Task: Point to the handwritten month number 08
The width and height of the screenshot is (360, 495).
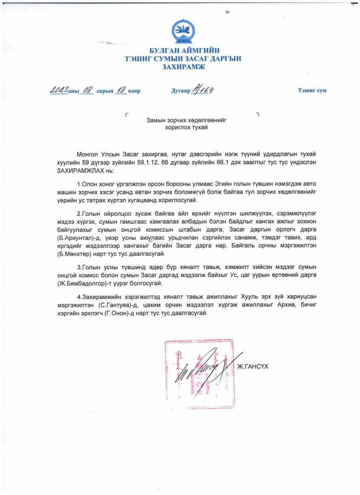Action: pyautogui.click(x=89, y=91)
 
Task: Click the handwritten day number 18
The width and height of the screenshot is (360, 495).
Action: pyautogui.click(x=121, y=91)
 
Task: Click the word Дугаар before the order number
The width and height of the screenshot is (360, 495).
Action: pyautogui.click(x=180, y=92)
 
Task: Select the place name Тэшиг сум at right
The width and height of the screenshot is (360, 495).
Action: pyautogui.click(x=312, y=92)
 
